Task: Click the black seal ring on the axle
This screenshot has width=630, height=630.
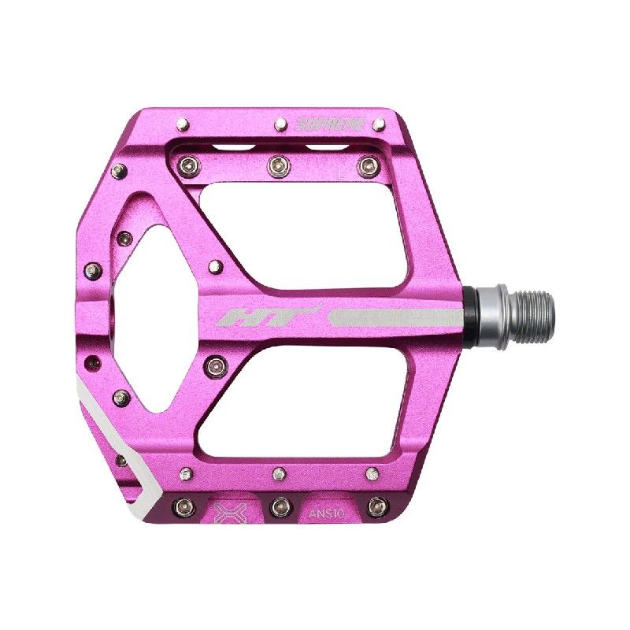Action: click(x=470, y=313)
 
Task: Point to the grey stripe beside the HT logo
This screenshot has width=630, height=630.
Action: click(x=394, y=318)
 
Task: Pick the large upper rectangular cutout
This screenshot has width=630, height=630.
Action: click(x=315, y=236)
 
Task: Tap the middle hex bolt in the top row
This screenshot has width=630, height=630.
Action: click(x=277, y=164)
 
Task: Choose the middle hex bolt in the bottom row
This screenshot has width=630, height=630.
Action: click(x=277, y=502)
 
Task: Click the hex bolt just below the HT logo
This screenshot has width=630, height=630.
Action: click(x=214, y=364)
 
